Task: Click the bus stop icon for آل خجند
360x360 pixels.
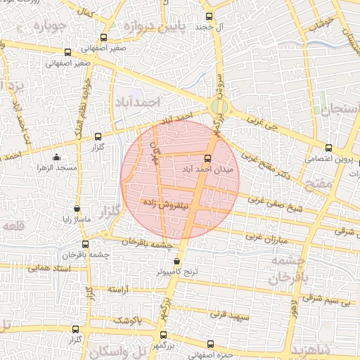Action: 207,16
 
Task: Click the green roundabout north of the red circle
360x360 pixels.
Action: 219,107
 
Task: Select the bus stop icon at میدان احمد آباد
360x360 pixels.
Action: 207,158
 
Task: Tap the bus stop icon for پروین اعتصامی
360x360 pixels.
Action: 328,148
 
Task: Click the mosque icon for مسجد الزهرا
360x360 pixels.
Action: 56,158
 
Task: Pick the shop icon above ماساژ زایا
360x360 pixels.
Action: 77,209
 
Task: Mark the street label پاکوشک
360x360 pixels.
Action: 129,320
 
